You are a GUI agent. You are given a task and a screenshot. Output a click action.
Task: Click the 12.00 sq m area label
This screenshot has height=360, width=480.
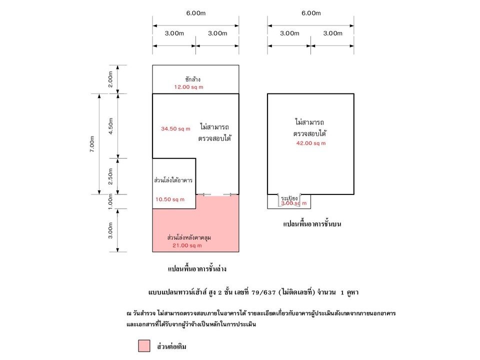click(x=188, y=87)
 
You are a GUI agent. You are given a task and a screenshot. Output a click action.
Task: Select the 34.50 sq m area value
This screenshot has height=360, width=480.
click(x=175, y=129)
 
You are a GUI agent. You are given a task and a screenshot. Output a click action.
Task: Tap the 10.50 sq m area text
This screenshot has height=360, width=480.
click(x=170, y=199)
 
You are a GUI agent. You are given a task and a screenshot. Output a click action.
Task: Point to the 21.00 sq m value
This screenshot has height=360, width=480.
click(x=187, y=245)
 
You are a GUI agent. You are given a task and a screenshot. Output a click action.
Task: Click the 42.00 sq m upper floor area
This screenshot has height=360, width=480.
click(x=311, y=143)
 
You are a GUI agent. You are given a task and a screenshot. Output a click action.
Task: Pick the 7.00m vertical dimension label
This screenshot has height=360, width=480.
click(x=92, y=144)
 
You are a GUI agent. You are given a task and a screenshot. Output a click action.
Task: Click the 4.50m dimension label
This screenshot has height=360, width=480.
click(x=110, y=126)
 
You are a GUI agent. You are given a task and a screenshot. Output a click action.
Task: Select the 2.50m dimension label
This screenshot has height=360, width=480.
click(x=110, y=176)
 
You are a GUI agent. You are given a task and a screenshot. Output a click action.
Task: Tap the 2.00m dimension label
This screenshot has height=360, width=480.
click(x=110, y=79)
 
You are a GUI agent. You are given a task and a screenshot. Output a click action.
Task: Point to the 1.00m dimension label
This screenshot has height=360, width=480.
click(x=110, y=201)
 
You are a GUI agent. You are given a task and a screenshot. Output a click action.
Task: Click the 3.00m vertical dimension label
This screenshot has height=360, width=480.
click(x=110, y=230)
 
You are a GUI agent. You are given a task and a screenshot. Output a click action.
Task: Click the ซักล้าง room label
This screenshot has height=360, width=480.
click(x=193, y=79)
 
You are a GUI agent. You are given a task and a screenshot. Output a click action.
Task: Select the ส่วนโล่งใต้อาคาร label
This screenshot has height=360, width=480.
click(x=173, y=180)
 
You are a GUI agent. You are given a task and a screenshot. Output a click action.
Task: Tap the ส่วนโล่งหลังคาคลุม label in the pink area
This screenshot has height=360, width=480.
click(x=189, y=237)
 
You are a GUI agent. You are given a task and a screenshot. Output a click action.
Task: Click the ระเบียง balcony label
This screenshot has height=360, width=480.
click(x=289, y=198)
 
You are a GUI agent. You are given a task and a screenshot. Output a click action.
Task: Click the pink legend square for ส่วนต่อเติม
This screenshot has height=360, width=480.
click(x=144, y=345)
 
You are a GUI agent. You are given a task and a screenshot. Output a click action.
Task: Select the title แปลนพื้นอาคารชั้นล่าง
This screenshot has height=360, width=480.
click(x=197, y=269)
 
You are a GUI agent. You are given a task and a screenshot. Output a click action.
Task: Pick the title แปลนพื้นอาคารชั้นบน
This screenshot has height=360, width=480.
click(x=312, y=224)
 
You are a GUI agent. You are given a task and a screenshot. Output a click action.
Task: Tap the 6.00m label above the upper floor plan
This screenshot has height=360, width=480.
click(x=311, y=13)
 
